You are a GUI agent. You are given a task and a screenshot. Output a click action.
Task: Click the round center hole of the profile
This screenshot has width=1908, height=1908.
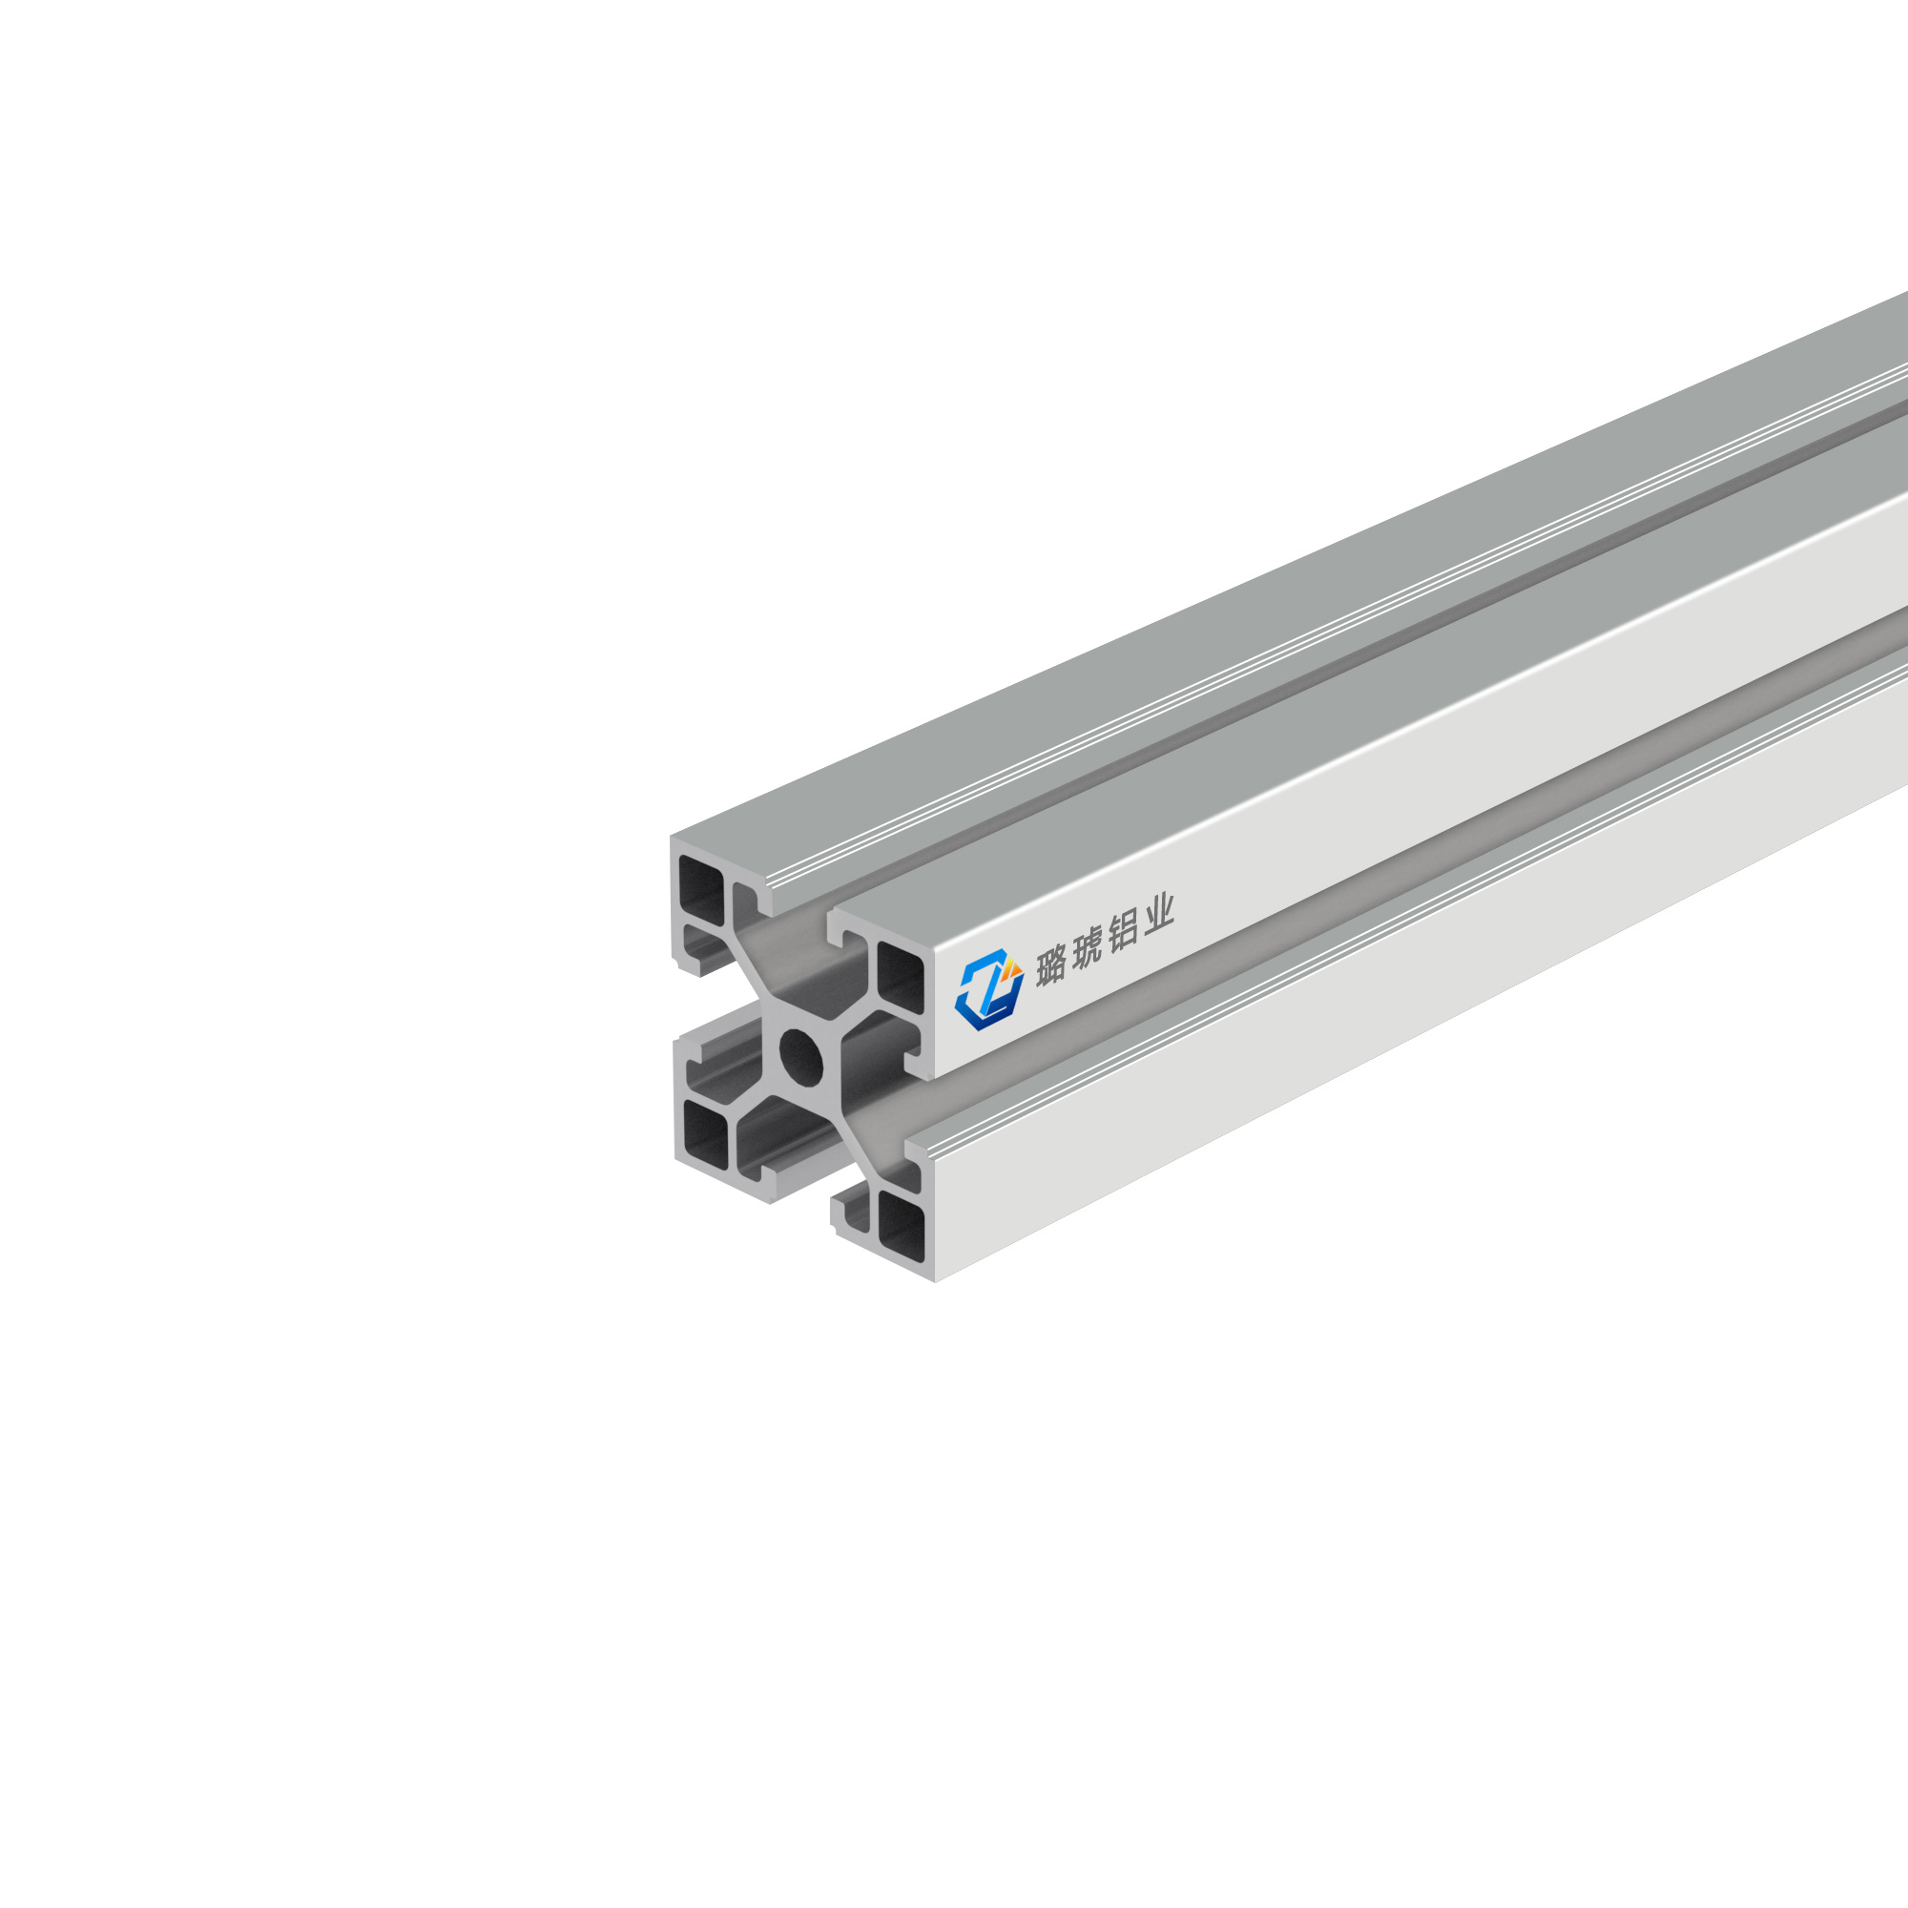point(800,1056)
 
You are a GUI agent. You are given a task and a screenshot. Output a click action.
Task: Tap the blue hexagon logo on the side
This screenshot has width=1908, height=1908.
point(988,989)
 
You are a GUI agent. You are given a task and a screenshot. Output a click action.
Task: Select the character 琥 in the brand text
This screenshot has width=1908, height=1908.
point(1088,947)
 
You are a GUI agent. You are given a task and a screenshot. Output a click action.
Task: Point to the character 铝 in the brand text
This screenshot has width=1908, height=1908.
point(1124,931)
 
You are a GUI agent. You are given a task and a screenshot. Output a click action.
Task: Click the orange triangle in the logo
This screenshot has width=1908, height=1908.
point(1013,967)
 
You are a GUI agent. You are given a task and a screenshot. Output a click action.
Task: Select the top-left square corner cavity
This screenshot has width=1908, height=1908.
point(701,890)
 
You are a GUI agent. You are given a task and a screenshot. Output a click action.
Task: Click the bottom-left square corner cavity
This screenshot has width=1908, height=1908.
point(705,1133)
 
